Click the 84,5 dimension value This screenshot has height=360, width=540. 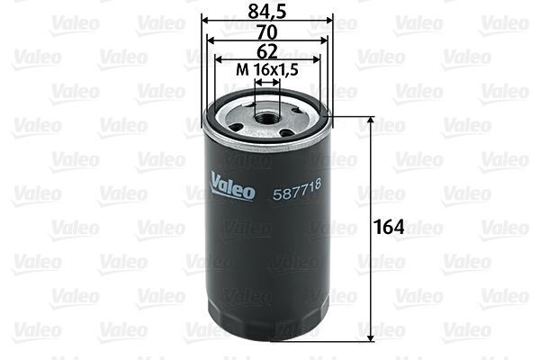(266, 10)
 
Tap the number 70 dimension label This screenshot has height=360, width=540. (266, 30)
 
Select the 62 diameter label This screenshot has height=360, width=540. (266, 50)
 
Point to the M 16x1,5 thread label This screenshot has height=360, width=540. (266, 70)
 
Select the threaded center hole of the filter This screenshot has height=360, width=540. (267, 114)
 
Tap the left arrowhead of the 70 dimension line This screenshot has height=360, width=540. (211, 40)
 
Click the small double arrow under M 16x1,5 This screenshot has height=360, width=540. (267, 81)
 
